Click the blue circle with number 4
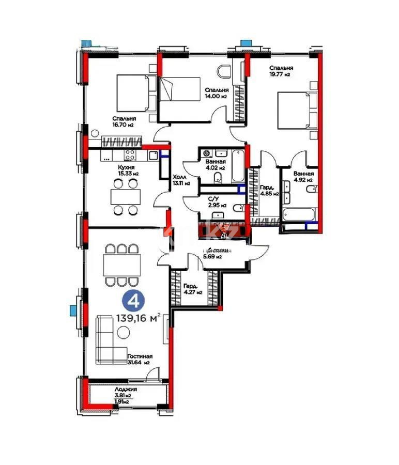[x=133, y=300]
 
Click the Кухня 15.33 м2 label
[x=126, y=171]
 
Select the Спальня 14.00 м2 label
[x=216, y=92]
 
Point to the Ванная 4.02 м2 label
[x=214, y=164]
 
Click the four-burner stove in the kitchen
[x=129, y=154]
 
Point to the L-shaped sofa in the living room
[x=109, y=340]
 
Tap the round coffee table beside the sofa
[x=124, y=333]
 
